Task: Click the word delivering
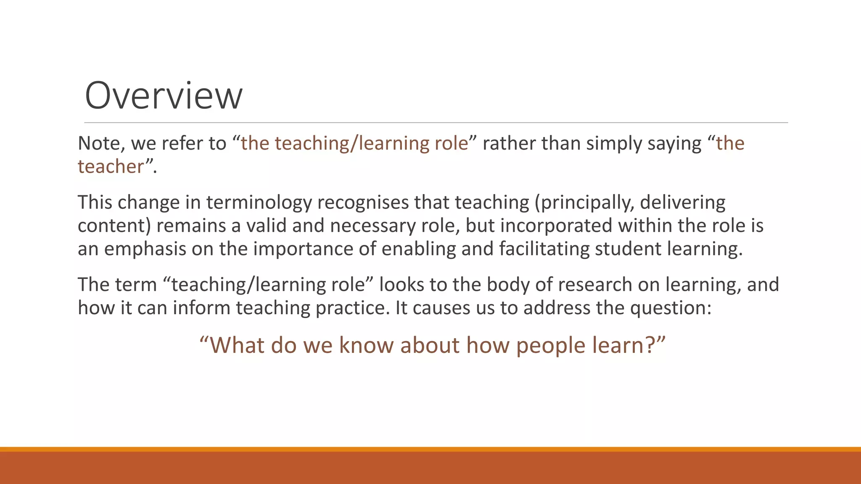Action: coord(683,203)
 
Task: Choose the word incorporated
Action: coord(556,226)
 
